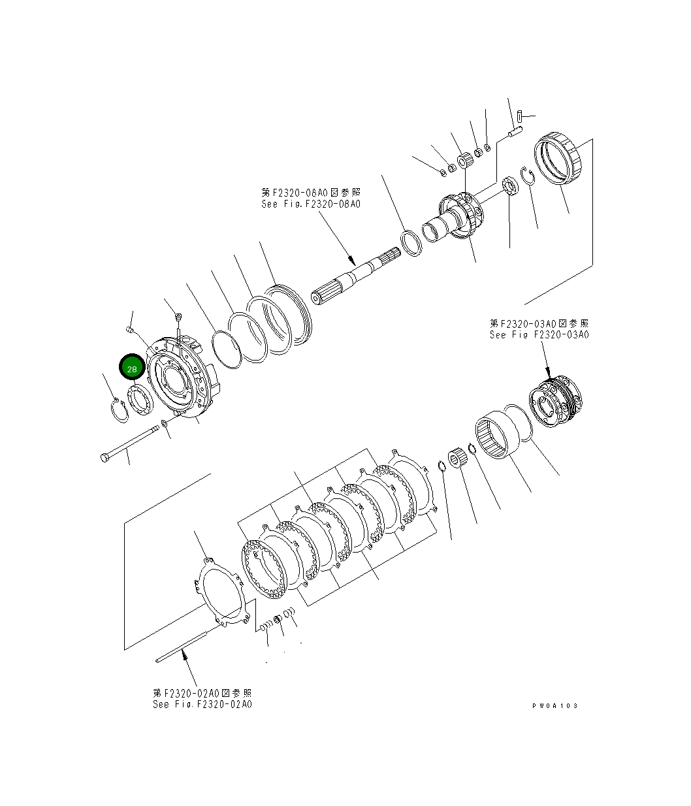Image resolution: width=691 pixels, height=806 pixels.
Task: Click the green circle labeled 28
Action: click(x=132, y=368)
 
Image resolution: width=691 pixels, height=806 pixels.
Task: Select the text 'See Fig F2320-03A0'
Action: click(x=539, y=334)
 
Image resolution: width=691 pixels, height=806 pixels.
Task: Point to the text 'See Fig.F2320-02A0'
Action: click(x=202, y=704)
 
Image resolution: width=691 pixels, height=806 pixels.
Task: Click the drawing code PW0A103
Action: click(x=554, y=705)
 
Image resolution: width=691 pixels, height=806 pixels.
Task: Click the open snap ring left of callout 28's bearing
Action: click(x=120, y=411)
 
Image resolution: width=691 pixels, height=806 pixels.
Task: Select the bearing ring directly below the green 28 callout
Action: click(x=140, y=399)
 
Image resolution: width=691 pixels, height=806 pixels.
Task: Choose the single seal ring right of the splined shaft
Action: click(x=411, y=243)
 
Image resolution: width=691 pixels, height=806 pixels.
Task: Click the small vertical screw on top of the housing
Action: click(x=178, y=318)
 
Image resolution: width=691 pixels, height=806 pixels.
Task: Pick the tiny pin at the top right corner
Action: click(x=518, y=117)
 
